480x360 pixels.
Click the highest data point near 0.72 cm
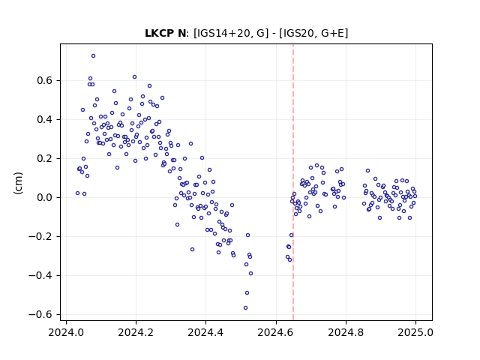coord(93,55)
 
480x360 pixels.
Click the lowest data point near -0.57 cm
coord(245,308)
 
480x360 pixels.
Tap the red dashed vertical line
coord(293,182)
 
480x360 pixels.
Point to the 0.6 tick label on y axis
coord(45,80)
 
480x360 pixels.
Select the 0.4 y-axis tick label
coord(45,119)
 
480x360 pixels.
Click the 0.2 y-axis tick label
coord(45,158)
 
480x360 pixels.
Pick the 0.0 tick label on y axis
coord(45,197)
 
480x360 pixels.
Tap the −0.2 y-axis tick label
coord(40,237)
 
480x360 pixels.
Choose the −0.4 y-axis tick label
coord(40,275)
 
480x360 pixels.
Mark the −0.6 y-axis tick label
coord(40,314)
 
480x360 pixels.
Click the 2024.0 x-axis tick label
coord(66,332)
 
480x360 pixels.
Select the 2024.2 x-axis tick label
coord(136,332)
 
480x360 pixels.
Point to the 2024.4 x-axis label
coord(205,332)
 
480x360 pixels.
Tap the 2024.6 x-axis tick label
coord(276,332)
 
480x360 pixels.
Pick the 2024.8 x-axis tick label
coord(346,332)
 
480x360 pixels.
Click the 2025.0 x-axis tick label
coord(415,332)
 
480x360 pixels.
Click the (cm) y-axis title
coord(18,183)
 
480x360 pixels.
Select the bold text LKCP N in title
coord(165,33)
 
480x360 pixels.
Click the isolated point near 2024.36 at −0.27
coord(192,250)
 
